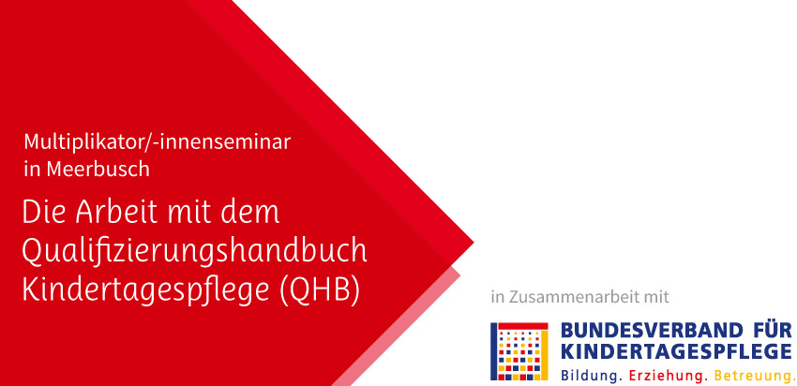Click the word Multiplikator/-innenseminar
[158, 141]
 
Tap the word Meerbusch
[98, 170]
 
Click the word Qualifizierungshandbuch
[194, 251]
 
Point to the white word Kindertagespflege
[145, 291]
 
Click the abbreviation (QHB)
[319, 291]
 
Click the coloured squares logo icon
[519, 351]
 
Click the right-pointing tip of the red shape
[474, 243]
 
